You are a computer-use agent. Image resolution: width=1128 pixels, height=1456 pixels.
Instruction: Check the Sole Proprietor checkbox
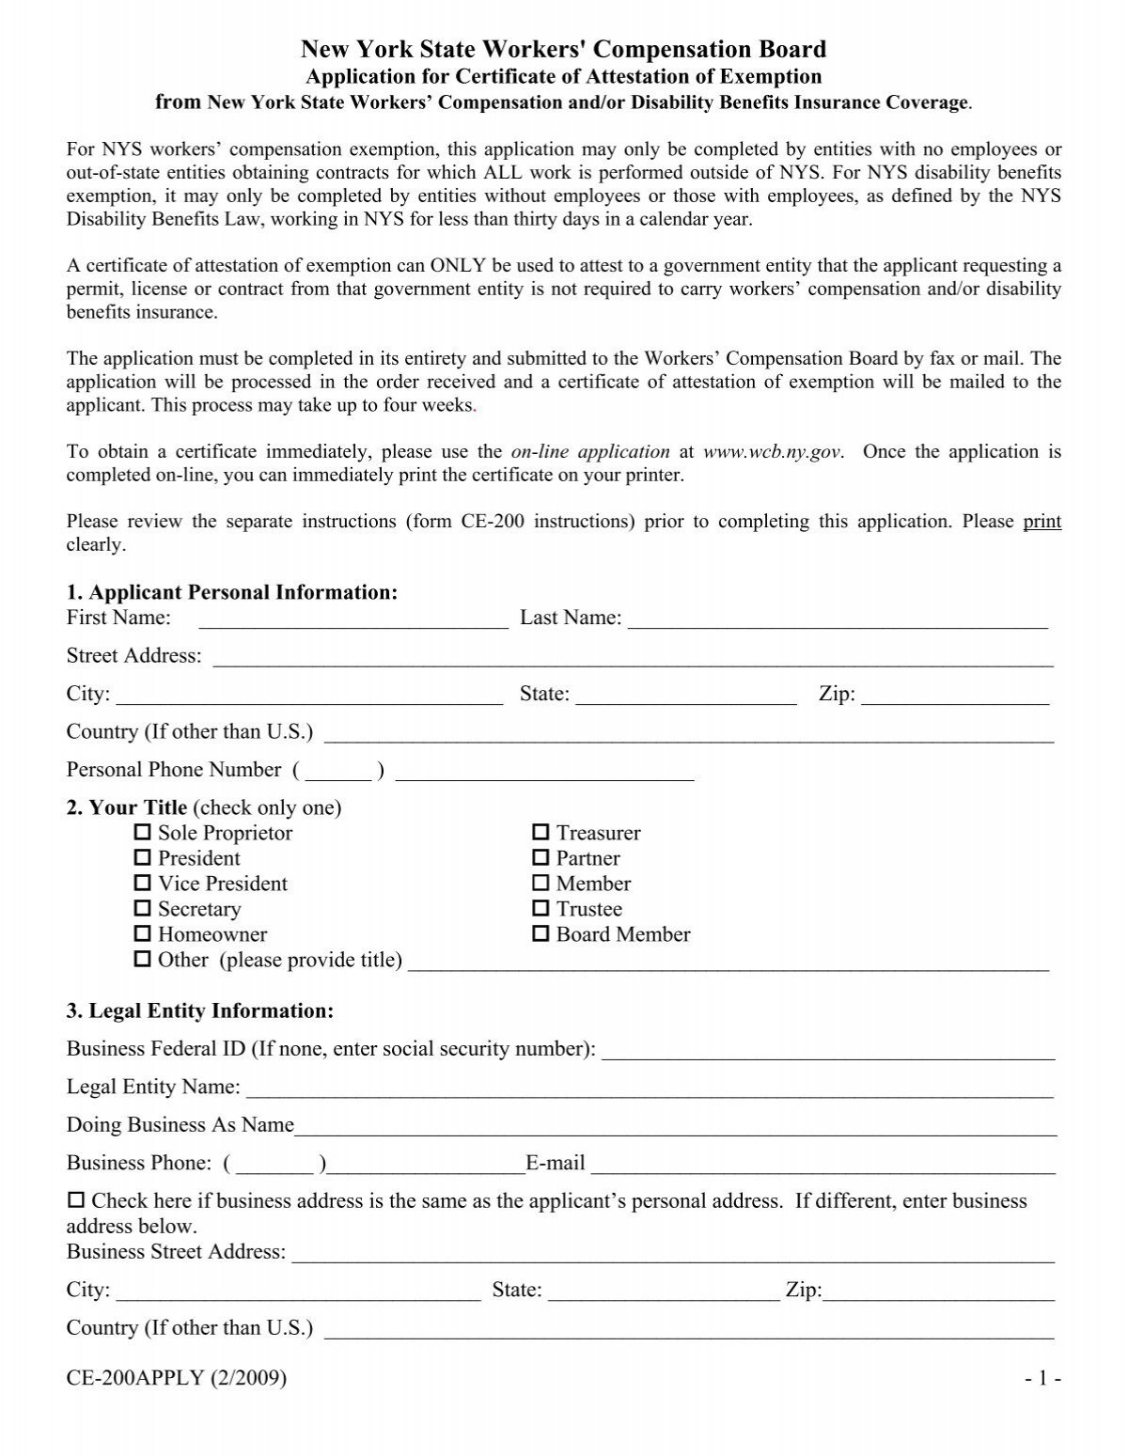(x=143, y=833)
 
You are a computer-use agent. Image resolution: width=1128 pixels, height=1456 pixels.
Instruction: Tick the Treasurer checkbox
(x=540, y=833)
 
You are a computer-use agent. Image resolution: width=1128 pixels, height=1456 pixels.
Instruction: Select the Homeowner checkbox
(x=143, y=934)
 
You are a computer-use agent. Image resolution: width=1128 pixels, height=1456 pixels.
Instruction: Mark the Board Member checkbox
(x=540, y=934)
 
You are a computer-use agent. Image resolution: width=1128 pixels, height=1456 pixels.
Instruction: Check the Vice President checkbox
(x=143, y=884)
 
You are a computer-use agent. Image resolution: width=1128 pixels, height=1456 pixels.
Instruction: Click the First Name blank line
(x=352, y=620)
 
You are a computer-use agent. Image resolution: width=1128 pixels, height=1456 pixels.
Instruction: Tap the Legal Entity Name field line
(x=649, y=1089)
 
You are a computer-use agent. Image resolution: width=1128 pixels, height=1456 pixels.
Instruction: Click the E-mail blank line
(x=822, y=1166)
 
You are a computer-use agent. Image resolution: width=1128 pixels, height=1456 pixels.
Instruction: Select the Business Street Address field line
(x=673, y=1254)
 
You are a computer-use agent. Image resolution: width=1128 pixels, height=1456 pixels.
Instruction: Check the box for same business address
(x=75, y=1201)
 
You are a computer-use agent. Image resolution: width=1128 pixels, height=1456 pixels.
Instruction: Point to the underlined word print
(x=1042, y=522)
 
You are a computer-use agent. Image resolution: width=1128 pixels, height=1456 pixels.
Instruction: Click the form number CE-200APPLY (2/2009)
(x=177, y=1378)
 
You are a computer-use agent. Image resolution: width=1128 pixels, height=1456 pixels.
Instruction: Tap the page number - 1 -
(x=1043, y=1378)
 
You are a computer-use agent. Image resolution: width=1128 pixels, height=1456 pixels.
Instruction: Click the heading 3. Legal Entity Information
(x=200, y=1011)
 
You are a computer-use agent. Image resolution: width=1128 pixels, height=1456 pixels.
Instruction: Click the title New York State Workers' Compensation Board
(x=563, y=49)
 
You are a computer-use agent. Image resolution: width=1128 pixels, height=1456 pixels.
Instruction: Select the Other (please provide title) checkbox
(x=143, y=960)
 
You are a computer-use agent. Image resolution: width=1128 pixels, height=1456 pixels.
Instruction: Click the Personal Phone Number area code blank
(x=338, y=773)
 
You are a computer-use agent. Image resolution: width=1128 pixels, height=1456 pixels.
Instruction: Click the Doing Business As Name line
(x=675, y=1128)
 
